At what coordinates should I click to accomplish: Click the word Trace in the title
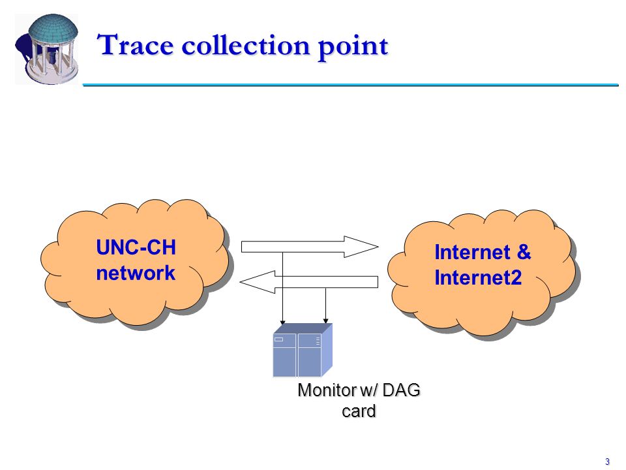click(136, 45)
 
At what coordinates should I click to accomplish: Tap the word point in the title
click(353, 47)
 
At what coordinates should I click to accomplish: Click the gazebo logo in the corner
click(47, 49)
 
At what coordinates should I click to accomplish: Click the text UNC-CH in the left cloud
click(136, 247)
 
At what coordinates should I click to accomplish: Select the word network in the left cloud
click(136, 273)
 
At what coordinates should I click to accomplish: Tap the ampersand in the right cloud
click(524, 252)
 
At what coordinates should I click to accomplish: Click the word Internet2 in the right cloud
click(478, 277)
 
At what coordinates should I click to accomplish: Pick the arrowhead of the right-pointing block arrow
click(361, 247)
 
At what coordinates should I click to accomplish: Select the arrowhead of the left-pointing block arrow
click(258, 282)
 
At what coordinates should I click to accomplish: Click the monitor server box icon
click(302, 350)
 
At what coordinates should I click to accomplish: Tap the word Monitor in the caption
click(327, 390)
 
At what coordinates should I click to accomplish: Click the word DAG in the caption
click(401, 390)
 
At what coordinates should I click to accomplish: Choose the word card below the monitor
click(359, 411)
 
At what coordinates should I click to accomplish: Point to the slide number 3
click(607, 462)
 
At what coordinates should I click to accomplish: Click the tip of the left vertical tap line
click(282, 323)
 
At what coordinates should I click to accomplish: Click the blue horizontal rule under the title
click(351, 85)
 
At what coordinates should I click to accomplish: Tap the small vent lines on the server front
click(318, 341)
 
